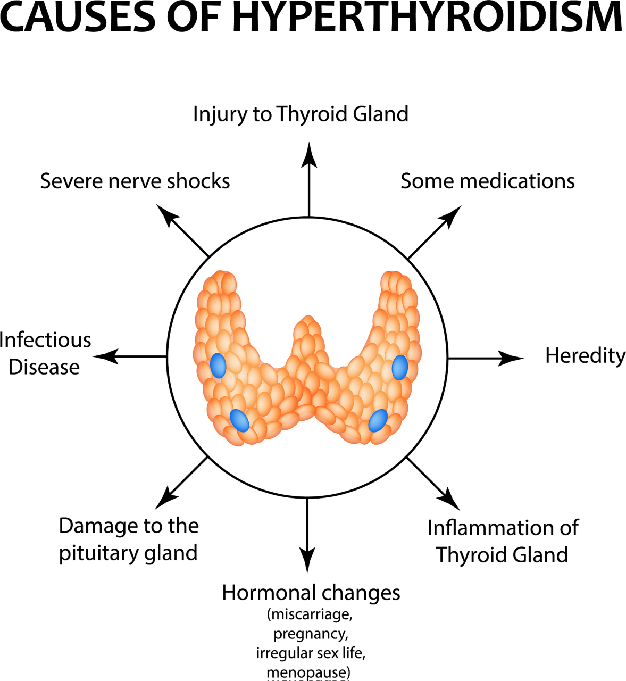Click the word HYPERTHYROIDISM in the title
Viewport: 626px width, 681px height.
coord(427,17)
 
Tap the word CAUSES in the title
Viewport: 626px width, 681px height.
coord(78,17)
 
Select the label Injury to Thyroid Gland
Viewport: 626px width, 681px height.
coord(301,114)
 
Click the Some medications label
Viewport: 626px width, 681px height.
coord(487,181)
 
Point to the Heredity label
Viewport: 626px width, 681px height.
coord(585,355)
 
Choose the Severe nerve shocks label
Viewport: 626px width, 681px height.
coord(135,181)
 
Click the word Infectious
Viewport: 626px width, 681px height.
coord(46,340)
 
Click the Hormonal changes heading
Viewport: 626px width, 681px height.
coord(311,592)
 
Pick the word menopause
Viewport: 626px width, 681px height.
coord(307,672)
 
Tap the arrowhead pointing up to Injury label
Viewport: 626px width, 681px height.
coord(309,154)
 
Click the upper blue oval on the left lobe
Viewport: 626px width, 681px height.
coord(218,366)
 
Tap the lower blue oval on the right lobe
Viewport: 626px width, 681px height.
coord(378,420)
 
